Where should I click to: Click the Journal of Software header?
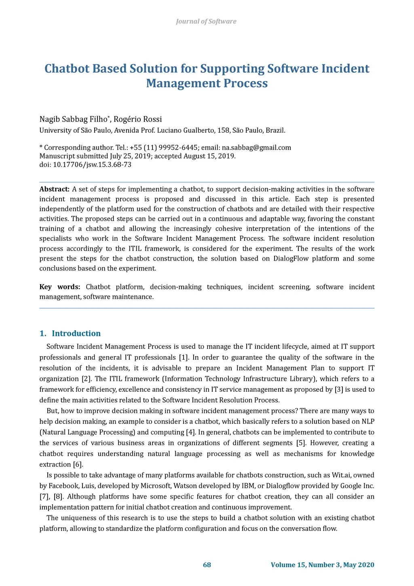206,21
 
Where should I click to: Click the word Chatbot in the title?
67,68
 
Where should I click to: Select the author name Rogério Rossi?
137,119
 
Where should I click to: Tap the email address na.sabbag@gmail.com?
256,147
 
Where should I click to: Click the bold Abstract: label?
55,189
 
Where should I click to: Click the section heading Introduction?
76,333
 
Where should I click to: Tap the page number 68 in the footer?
207,565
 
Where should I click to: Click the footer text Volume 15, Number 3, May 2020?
322,565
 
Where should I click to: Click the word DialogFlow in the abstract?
290,259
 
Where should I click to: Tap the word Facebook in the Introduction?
63,486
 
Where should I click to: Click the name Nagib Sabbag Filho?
73,119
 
